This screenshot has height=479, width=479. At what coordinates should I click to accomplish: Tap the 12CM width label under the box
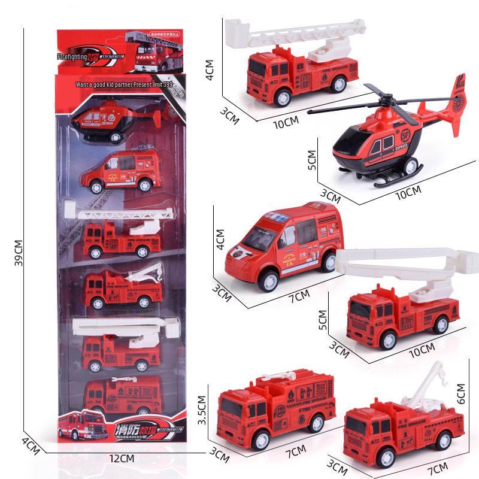122,459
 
